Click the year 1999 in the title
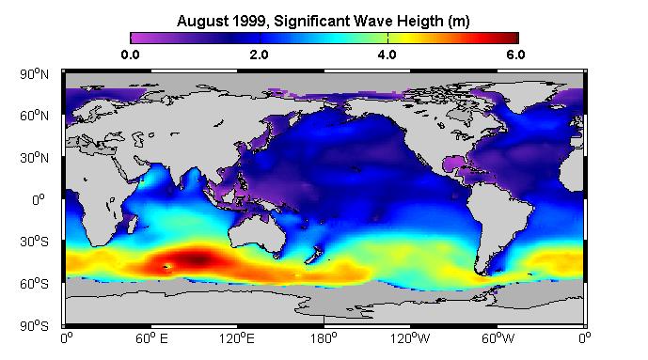coord(250,21)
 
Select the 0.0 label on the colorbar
coord(130,55)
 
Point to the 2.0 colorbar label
coord(259,55)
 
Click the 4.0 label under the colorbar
coord(387,55)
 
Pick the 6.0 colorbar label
coord(515,55)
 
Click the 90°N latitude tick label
coord(34,74)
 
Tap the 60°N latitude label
coord(34,116)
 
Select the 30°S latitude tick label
coord(34,242)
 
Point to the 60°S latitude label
coord(34,284)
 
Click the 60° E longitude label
coord(151,338)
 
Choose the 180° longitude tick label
coord(324,338)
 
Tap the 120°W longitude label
coord(410,338)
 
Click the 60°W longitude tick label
coord(498,338)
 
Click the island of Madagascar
coord(132,224)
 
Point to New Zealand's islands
coord(314,255)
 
